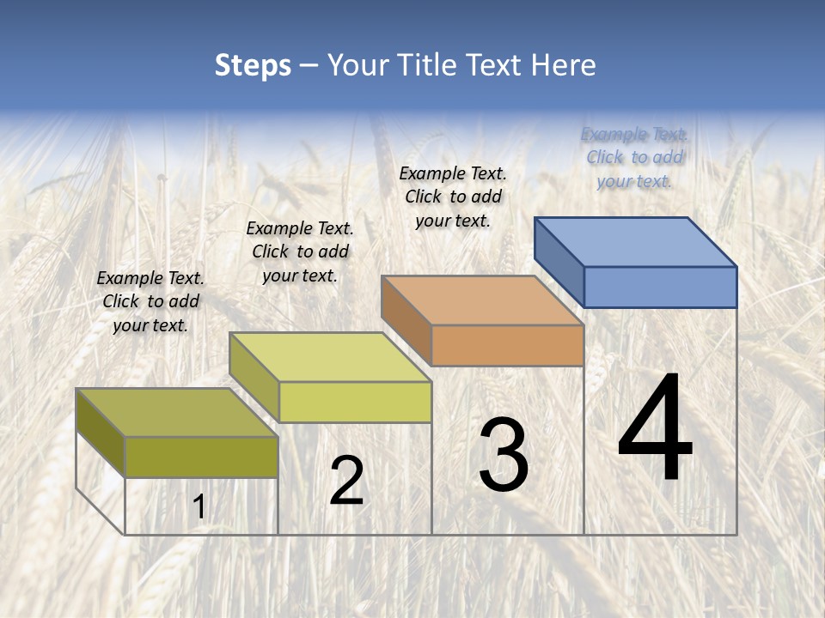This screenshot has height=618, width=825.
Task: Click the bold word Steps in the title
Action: [253, 65]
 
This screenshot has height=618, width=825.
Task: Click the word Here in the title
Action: [563, 65]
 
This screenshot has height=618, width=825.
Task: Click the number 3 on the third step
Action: [504, 456]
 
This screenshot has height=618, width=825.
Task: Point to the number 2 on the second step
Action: [346, 481]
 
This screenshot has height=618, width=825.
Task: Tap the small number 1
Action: [199, 507]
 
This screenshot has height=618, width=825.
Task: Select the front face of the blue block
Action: [660, 287]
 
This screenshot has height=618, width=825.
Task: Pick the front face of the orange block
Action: [507, 345]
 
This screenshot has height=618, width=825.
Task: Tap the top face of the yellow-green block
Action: [330, 357]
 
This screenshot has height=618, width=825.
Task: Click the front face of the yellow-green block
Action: [355, 402]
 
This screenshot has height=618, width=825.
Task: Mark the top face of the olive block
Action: [177, 413]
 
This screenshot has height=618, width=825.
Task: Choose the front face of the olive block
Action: [201, 457]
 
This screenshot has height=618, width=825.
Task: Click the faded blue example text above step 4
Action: [634, 158]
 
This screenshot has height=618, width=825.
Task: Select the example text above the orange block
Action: [453, 197]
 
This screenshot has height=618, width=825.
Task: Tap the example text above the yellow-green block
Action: [300, 251]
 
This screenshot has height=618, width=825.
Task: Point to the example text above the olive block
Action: [150, 301]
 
